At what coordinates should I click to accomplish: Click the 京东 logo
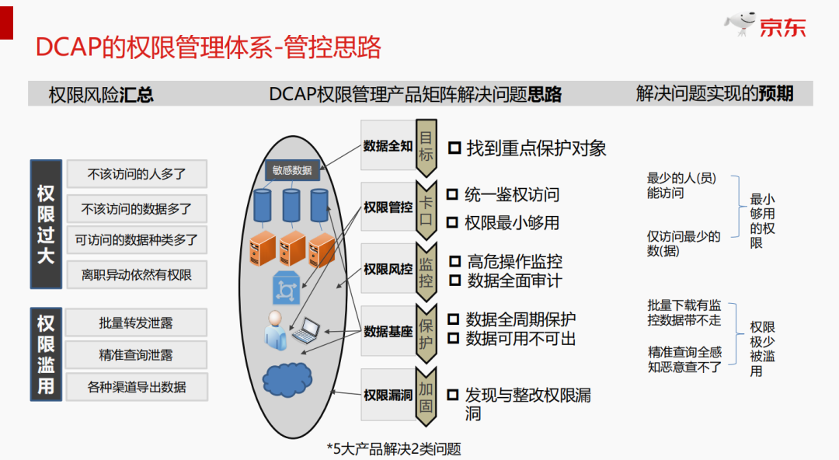(767, 25)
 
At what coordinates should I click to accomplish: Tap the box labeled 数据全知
(388, 145)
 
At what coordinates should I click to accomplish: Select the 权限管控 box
(388, 207)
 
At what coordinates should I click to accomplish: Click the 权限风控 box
(388, 270)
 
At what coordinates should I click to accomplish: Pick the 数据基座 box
(388, 332)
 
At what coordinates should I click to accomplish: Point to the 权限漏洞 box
(388, 395)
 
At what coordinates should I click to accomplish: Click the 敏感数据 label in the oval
(292, 170)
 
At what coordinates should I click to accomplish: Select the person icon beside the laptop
(274, 329)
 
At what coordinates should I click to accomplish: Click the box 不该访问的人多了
(137, 174)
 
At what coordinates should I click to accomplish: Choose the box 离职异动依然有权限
(137, 274)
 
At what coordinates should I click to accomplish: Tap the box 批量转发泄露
(137, 322)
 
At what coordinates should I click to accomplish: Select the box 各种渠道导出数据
(137, 386)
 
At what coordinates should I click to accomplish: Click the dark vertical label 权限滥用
(46, 354)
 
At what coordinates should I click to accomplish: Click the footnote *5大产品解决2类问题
(394, 448)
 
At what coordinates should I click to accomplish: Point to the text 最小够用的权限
(762, 221)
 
